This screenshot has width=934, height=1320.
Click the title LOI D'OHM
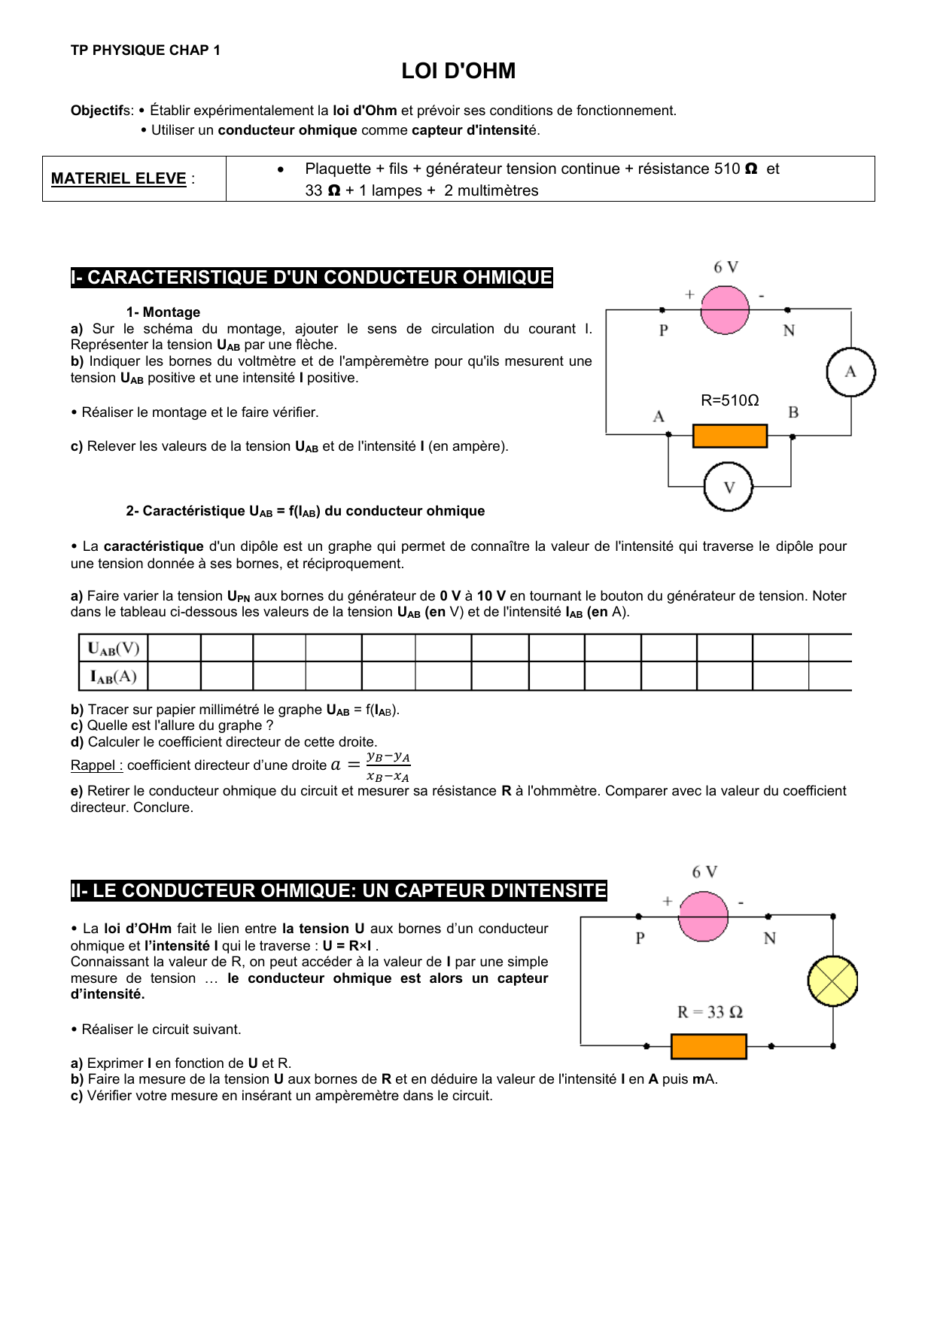[x=458, y=71]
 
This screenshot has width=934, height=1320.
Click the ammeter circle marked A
[x=850, y=372]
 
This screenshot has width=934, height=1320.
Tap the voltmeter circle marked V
[x=728, y=487]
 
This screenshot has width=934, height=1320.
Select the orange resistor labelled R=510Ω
[x=729, y=436]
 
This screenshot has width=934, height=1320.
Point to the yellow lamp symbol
[x=832, y=981]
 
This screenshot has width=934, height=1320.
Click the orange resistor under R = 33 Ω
[x=708, y=1046]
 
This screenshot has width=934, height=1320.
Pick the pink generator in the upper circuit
[x=725, y=309]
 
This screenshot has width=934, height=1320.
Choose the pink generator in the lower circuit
[x=703, y=917]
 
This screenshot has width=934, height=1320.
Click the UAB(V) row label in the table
[x=114, y=648]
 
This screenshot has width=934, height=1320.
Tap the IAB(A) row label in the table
[x=114, y=676]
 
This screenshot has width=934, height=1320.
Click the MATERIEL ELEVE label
[x=119, y=178]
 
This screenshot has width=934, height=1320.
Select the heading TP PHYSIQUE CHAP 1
[x=145, y=50]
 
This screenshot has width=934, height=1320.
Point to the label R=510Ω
[x=729, y=400]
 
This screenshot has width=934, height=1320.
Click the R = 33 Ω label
[x=710, y=1012]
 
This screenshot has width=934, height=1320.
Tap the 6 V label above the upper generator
[x=726, y=267]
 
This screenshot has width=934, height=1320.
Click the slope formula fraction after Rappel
[x=388, y=766]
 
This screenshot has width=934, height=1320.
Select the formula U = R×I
[x=347, y=946]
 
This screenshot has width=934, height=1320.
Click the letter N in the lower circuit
[x=769, y=938]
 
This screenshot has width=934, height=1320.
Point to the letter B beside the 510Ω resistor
[x=793, y=412]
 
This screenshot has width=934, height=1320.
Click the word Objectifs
[x=101, y=111]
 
